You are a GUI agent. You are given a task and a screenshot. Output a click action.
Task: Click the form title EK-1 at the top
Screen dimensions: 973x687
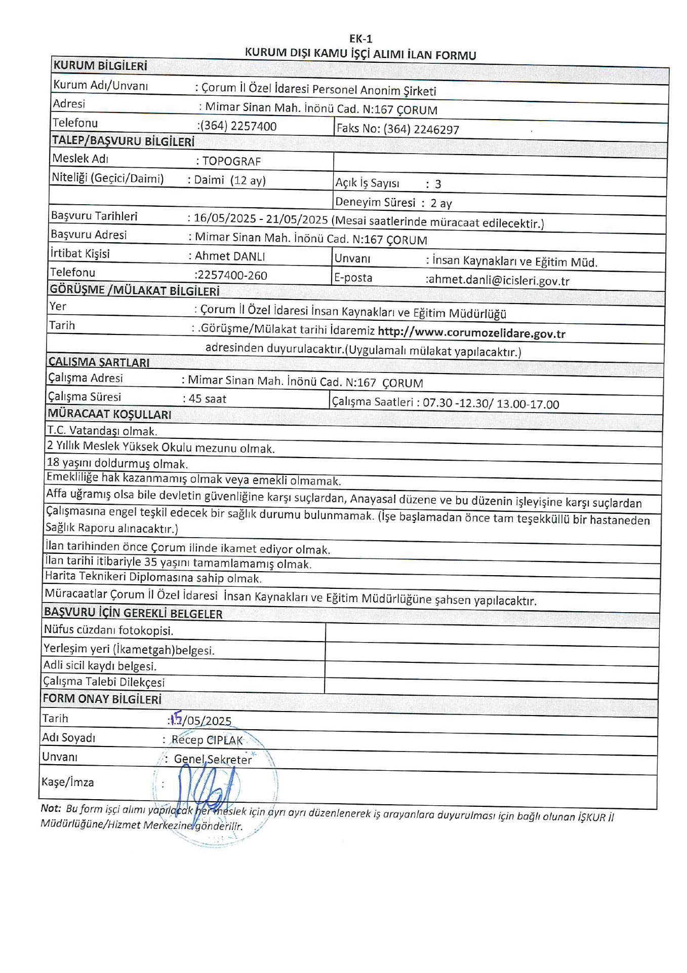click(x=360, y=39)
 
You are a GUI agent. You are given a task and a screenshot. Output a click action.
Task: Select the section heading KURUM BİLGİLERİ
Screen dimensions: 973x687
click(x=100, y=66)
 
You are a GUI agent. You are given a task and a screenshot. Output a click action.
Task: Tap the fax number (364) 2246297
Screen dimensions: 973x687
click(x=421, y=129)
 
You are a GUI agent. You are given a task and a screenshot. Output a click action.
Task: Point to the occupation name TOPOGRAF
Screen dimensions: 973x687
click(x=231, y=162)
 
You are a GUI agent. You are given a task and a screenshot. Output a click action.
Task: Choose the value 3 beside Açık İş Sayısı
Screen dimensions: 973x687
click(x=438, y=184)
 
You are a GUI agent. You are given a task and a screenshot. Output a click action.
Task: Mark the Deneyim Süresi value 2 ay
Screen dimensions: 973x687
click(x=441, y=203)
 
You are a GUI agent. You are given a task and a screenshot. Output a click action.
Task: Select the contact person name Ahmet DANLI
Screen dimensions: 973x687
click(x=230, y=256)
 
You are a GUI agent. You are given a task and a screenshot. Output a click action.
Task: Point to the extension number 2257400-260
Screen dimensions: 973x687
click(x=231, y=275)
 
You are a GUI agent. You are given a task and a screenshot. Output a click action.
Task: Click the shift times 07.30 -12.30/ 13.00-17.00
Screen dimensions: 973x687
click(x=491, y=404)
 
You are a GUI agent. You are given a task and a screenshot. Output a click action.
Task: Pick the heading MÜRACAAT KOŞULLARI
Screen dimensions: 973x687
click(x=109, y=414)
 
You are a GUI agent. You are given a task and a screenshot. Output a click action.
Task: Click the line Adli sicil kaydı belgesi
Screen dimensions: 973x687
click(x=100, y=666)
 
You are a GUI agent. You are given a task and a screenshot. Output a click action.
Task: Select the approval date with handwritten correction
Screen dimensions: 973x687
click(x=201, y=720)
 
